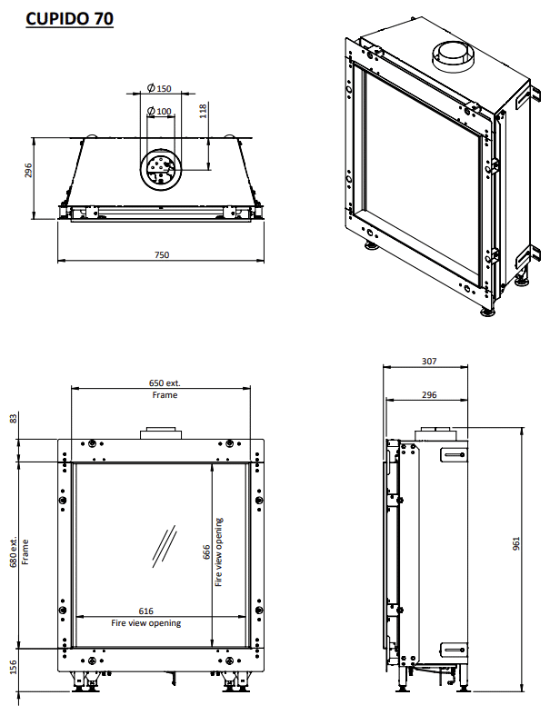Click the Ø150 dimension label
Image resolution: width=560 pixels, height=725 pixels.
159,88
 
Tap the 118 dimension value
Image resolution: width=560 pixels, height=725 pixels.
204,110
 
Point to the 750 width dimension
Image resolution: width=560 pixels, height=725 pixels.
162,255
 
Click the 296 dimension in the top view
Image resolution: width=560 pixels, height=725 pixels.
28,172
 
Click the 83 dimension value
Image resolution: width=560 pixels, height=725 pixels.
13,418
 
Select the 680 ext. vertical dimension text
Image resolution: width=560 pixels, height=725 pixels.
13,552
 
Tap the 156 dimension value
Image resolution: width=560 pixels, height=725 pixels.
13,668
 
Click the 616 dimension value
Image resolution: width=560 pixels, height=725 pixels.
145,611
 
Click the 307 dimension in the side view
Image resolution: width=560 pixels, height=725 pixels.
430,361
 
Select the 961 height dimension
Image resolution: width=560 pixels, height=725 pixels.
515,543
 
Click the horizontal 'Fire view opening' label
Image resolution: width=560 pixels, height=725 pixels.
145,623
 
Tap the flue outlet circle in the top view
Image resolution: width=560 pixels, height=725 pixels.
161,167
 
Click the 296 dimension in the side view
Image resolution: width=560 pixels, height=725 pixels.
430,395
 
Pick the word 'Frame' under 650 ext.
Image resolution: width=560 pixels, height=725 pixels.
165,395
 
